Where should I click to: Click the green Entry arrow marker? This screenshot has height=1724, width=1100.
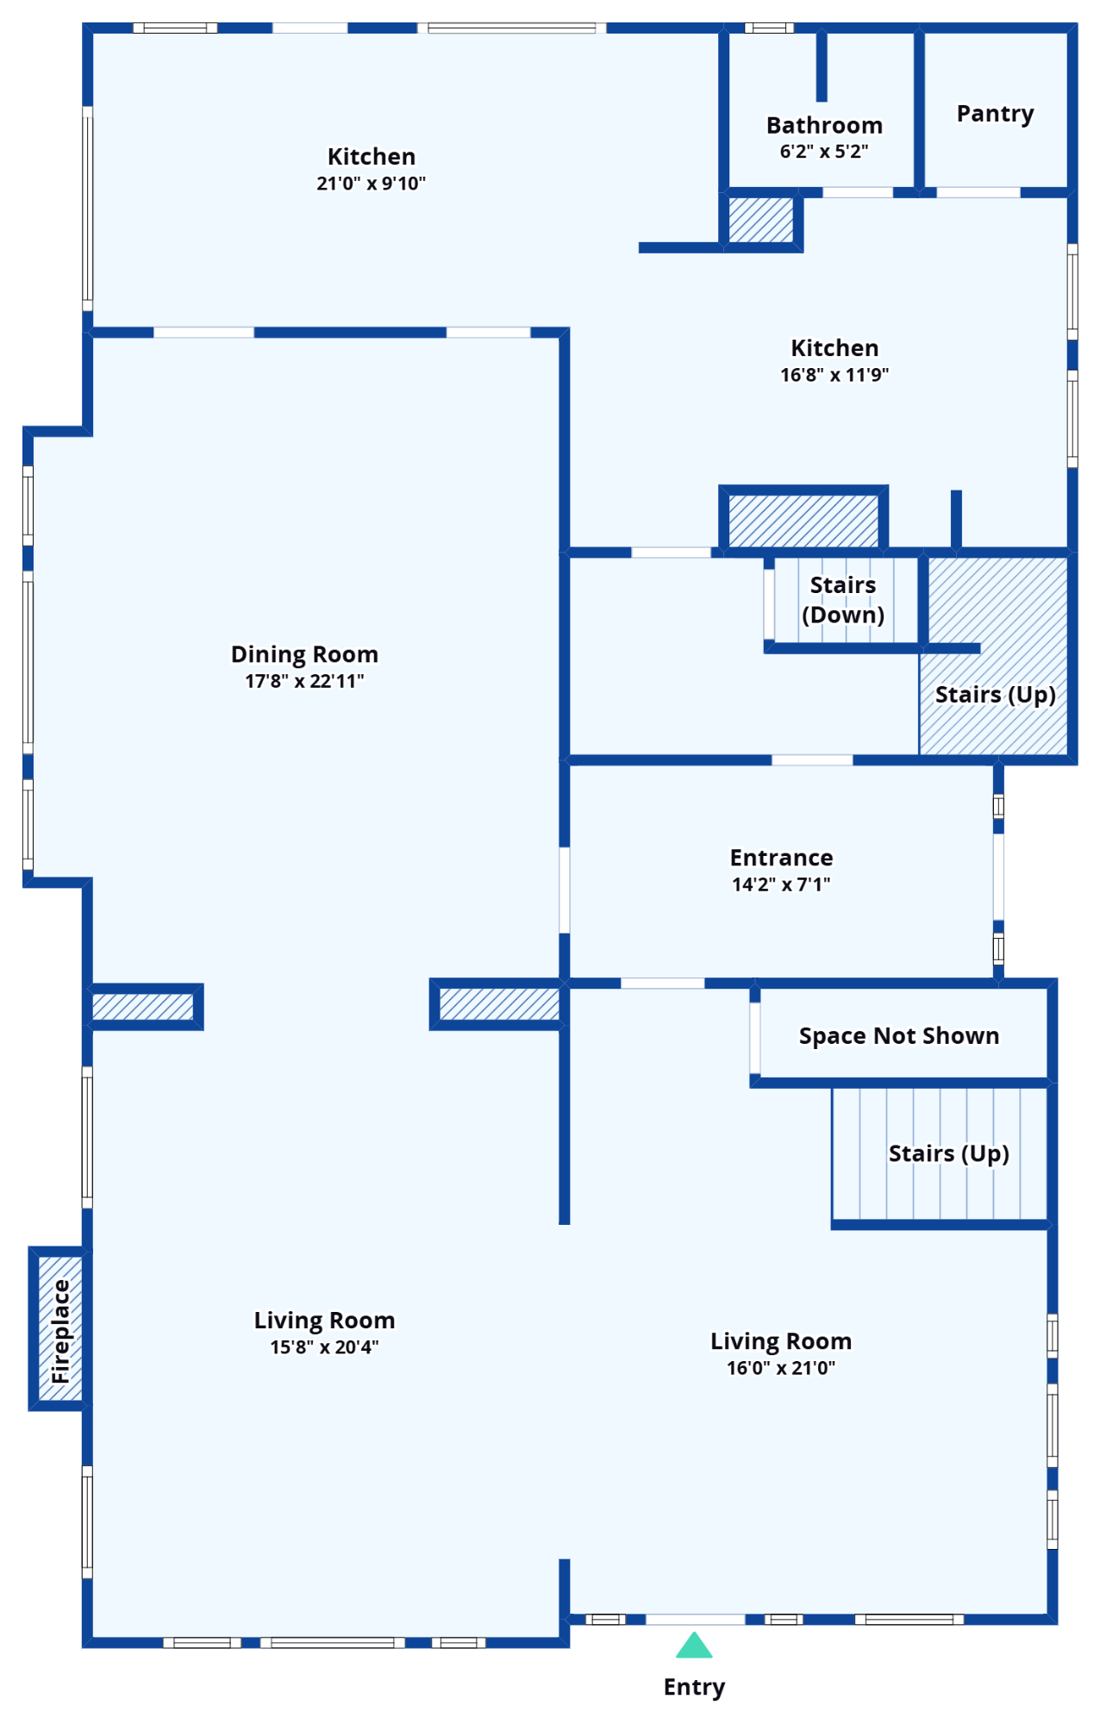694,1646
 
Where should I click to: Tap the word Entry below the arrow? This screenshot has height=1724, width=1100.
695,1687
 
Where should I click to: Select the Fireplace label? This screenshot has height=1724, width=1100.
60,1331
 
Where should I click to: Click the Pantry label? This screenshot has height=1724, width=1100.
995,114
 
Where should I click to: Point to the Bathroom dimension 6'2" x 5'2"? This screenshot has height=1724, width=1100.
823,152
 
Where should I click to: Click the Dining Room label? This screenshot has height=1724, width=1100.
304,654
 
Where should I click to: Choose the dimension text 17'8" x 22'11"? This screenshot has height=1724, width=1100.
304,681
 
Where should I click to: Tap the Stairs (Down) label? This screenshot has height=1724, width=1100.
843,600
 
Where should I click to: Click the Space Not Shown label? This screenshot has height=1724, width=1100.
899,1035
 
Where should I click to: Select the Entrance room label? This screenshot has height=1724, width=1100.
781,858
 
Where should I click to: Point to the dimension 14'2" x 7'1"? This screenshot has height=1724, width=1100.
781,884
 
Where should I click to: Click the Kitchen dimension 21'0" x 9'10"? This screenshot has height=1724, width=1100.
371,183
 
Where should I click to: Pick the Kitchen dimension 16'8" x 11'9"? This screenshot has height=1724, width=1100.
834,375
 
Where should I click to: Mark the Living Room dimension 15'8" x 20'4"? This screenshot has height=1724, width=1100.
324,1347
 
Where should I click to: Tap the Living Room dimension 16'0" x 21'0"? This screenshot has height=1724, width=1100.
780,1368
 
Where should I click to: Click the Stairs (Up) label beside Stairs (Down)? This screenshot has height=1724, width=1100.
995,695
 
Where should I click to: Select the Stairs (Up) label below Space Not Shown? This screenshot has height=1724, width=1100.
948,1153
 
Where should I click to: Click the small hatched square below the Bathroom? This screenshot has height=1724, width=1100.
760,220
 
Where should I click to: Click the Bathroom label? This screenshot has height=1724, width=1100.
824,126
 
